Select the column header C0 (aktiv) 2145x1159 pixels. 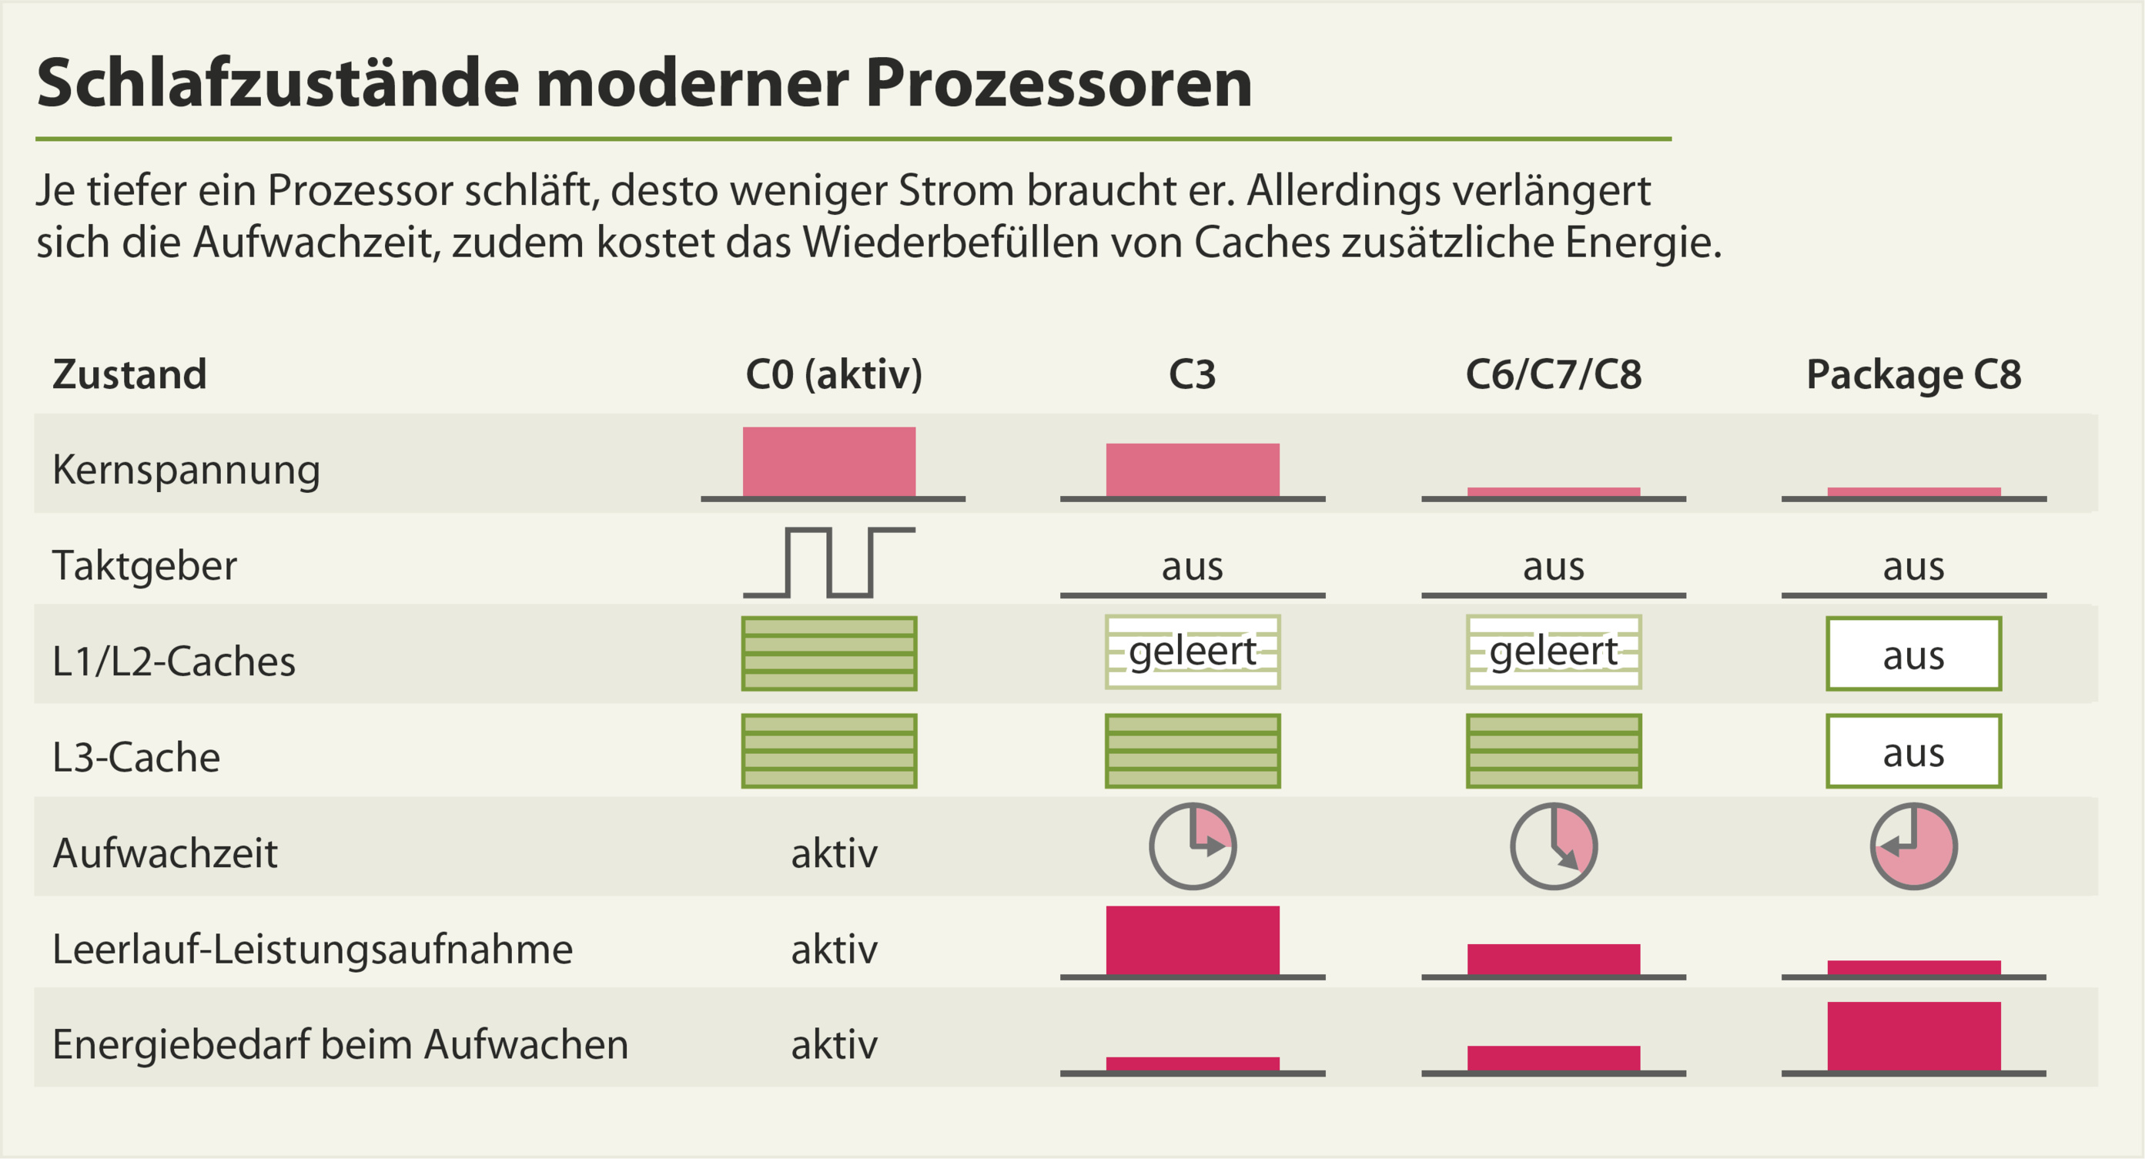click(834, 375)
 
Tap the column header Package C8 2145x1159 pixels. click(1913, 375)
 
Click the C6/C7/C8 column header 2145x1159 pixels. click(1553, 375)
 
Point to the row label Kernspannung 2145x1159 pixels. click(186, 470)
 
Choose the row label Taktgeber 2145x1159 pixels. click(144, 566)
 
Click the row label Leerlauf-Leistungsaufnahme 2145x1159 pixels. click(313, 950)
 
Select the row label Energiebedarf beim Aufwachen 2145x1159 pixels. click(340, 1045)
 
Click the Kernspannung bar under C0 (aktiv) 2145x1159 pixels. click(828, 462)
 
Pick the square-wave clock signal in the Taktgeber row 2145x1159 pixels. click(828, 563)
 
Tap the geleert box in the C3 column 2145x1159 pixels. click(1193, 652)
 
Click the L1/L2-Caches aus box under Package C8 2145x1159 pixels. click(1913, 655)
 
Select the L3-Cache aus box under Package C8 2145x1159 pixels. click(1913, 751)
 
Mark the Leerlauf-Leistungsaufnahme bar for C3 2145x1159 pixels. click(1193, 940)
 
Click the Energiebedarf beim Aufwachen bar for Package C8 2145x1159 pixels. click(1913, 1037)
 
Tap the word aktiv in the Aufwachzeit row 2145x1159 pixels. click(834, 853)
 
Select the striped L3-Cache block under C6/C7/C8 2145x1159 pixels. click(1553, 751)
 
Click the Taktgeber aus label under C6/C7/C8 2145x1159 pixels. click(1553, 567)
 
